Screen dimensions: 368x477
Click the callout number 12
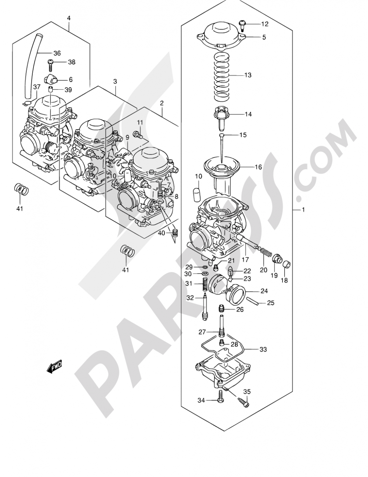265,24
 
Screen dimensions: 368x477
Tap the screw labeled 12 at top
242,25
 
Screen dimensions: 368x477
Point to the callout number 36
57,53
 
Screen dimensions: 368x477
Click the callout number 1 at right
303,210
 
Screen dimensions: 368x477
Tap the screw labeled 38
50,65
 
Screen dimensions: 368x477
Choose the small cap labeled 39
51,90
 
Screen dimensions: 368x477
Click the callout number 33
263,349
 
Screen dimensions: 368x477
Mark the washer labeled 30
205,274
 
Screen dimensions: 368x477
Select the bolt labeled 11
138,134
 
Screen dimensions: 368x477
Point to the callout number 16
258,167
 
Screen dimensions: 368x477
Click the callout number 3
115,82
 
